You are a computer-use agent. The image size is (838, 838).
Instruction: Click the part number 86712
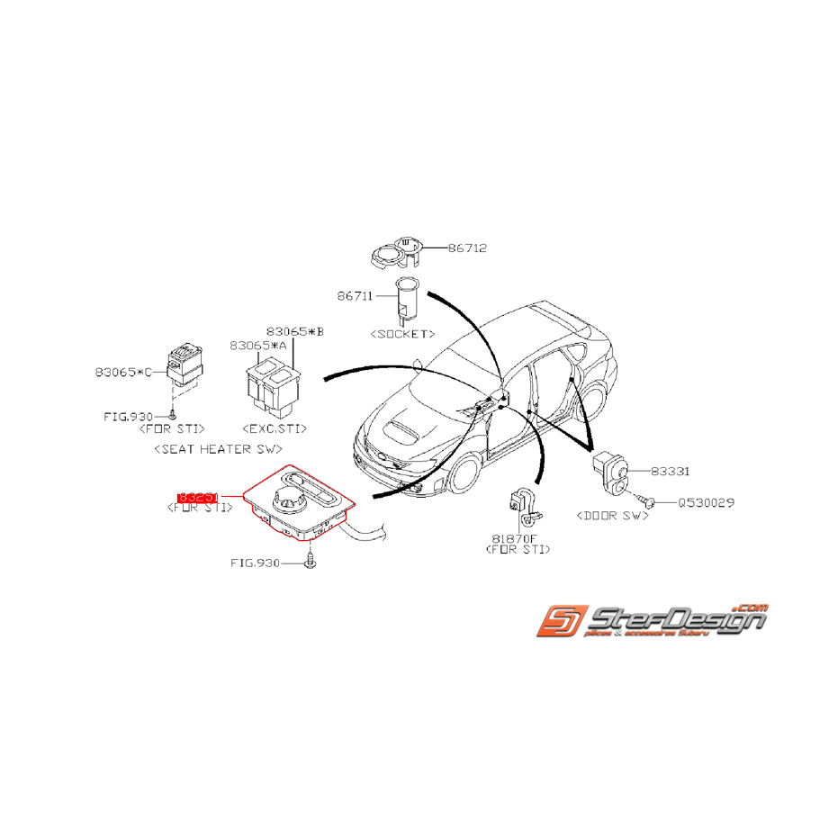(468, 248)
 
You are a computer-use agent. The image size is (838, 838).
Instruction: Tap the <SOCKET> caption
(402, 333)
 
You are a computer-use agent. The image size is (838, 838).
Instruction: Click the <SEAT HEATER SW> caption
(218, 447)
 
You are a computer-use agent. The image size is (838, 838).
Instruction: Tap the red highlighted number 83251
(198, 496)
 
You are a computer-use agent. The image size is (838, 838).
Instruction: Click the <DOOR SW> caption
(611, 518)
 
